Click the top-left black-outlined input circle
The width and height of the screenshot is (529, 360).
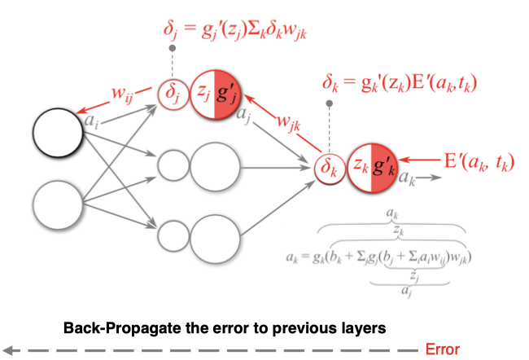[58, 130]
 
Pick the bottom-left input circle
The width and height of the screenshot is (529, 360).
[58, 204]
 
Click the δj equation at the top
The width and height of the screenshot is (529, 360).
[240, 33]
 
